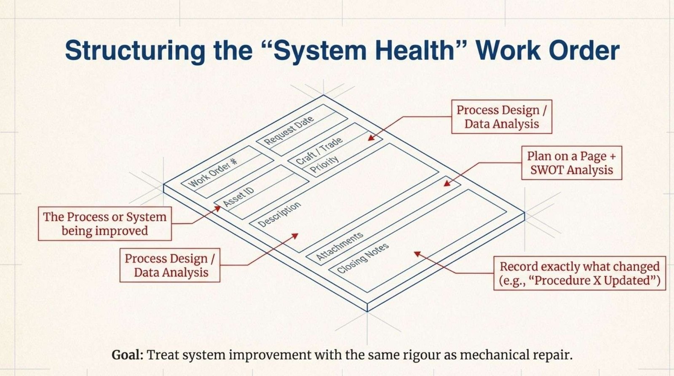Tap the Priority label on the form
click(x=324, y=164)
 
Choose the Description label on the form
click(x=279, y=214)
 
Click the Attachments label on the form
click(x=340, y=246)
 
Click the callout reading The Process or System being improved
click(x=105, y=224)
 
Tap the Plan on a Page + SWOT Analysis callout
click(x=571, y=163)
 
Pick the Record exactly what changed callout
click(x=580, y=273)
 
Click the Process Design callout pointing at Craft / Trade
click(x=502, y=117)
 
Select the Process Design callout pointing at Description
click(x=170, y=265)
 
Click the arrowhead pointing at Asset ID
click(x=218, y=208)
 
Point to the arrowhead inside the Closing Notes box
click(x=417, y=254)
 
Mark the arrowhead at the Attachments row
click(x=447, y=183)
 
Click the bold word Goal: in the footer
click(x=128, y=355)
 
